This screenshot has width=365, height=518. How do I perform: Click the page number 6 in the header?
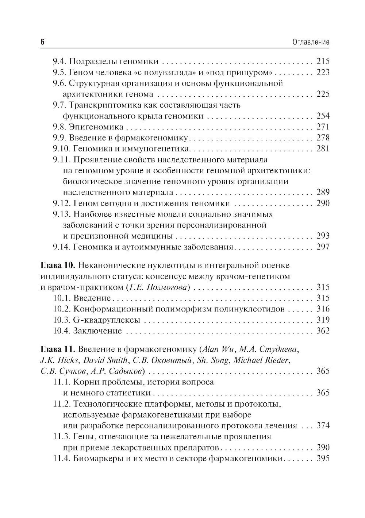coord(42,42)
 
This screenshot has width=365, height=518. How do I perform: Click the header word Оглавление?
coord(311,42)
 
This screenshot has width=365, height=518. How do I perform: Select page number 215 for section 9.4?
coord(323,61)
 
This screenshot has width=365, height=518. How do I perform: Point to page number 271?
coord(323,127)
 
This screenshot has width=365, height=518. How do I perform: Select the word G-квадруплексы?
coord(107,320)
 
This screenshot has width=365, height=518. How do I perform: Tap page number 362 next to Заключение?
coord(323,331)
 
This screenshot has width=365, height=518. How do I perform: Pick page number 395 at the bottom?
coord(323,459)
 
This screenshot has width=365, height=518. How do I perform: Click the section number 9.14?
coord(61,247)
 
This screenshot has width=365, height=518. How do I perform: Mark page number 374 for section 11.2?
coord(323,426)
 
